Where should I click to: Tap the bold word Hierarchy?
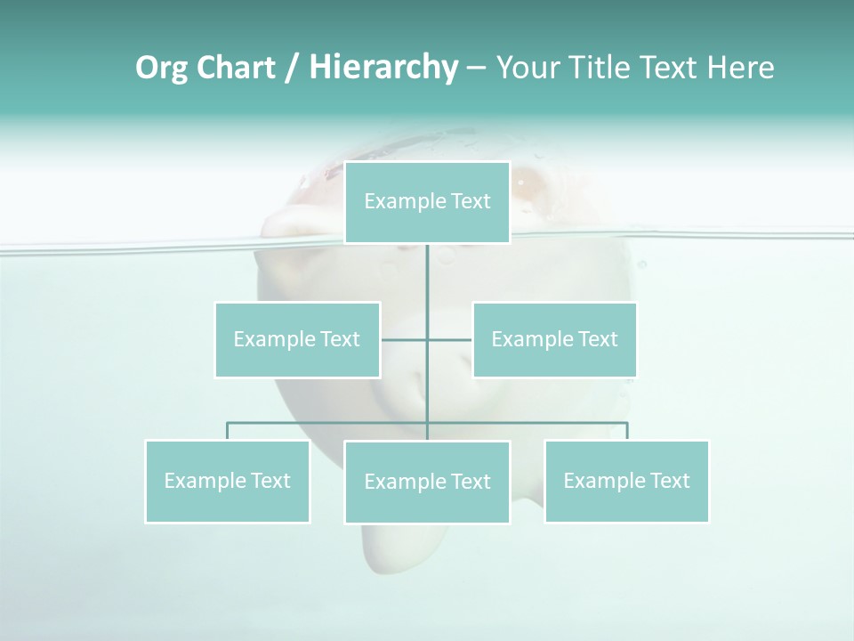[383, 68]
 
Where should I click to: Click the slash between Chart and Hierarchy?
[292, 68]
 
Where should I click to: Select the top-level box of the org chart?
[427, 202]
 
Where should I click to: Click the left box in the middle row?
[297, 339]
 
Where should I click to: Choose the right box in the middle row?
[554, 339]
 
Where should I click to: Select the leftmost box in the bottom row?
[228, 481]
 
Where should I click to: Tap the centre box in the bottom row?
[427, 482]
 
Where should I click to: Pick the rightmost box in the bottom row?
[626, 481]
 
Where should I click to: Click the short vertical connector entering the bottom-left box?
[228, 431]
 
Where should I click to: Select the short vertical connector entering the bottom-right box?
[627, 431]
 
